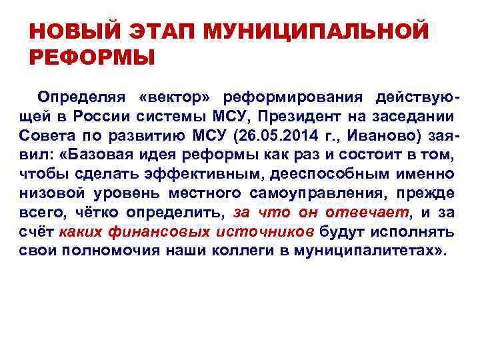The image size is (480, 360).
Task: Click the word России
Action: click(93, 117)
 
